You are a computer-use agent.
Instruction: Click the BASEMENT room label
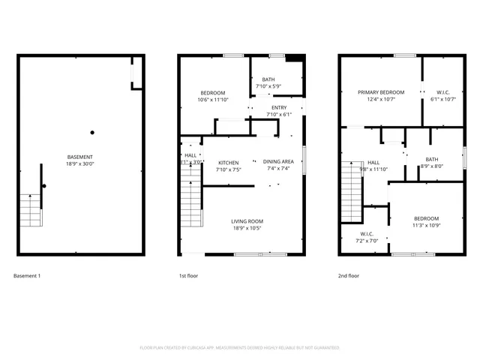[x=79, y=157]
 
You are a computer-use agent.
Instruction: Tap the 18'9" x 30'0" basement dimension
[x=79, y=163]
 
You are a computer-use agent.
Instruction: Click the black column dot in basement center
[x=92, y=133]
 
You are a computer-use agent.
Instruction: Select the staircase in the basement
[x=29, y=210]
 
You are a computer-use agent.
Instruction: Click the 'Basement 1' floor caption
[x=27, y=276]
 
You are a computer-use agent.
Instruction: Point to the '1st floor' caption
[x=188, y=276]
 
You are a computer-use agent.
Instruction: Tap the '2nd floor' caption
[x=348, y=276]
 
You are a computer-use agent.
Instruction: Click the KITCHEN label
[x=228, y=163]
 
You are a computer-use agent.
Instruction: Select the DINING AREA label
[x=278, y=162]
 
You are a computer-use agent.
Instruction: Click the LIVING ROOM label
[x=247, y=221]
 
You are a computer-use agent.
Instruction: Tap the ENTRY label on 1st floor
[x=279, y=108]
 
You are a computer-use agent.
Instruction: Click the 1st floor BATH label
[x=268, y=79]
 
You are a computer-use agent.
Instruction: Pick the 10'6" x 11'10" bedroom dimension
[x=212, y=100]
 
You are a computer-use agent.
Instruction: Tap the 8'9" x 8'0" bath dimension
[x=432, y=166]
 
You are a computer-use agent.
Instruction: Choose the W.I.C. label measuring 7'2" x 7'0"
[x=367, y=234]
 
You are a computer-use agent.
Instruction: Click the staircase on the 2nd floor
[x=352, y=187]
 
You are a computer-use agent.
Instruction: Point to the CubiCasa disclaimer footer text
[x=240, y=348]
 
